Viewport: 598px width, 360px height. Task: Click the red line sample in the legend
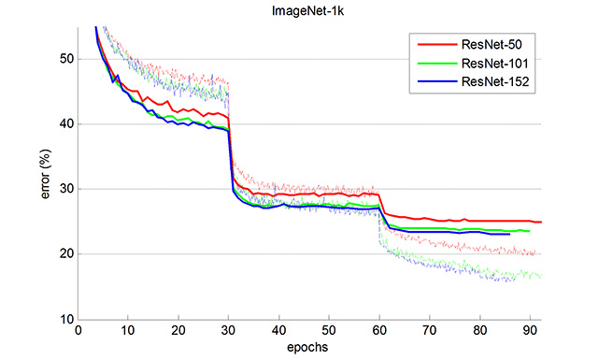pos(434,43)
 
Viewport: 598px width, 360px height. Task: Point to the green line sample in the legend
pos(434,63)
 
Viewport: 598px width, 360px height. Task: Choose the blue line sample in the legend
pos(434,82)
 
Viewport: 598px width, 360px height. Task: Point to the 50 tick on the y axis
pos(65,59)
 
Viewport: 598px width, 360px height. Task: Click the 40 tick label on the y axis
pos(65,124)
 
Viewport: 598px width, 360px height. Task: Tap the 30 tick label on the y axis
pos(65,189)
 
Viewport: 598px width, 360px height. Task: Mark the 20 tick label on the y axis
pos(65,254)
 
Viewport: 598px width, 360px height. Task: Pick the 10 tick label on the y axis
pos(65,320)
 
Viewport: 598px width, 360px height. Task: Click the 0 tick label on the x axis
pos(77,331)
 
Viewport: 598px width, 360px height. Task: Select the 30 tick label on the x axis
pos(229,331)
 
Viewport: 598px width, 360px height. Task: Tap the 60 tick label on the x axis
pos(379,331)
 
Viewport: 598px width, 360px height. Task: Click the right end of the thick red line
pos(541,223)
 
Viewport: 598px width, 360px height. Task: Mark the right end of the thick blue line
pos(509,234)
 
